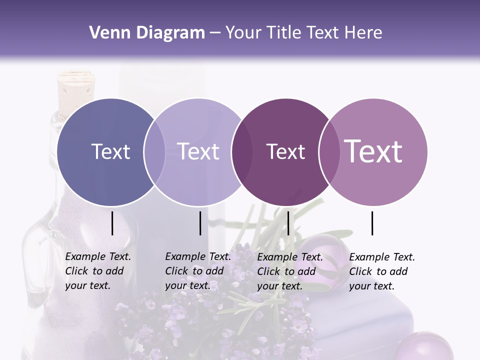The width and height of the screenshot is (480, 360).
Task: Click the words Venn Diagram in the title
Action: (x=146, y=33)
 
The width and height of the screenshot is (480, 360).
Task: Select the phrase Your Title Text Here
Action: (x=303, y=33)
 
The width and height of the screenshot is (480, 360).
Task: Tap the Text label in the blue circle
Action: (x=110, y=151)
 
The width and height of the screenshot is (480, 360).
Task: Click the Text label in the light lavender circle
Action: (x=198, y=151)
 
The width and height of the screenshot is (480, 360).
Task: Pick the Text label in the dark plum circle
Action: (x=285, y=151)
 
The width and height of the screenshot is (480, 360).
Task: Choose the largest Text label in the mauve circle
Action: (x=373, y=151)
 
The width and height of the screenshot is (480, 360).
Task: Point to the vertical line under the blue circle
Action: (x=112, y=223)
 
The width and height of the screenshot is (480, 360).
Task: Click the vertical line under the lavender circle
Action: (x=200, y=223)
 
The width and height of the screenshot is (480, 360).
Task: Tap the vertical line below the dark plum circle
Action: (x=288, y=223)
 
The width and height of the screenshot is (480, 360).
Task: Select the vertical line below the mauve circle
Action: (x=372, y=223)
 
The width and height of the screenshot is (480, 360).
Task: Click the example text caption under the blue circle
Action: (x=97, y=271)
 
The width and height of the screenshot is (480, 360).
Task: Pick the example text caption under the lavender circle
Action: (x=197, y=271)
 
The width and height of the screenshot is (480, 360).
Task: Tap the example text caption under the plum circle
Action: (x=289, y=271)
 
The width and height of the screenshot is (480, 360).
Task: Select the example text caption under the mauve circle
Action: (x=381, y=271)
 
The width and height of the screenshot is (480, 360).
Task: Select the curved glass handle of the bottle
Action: (x=31, y=260)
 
